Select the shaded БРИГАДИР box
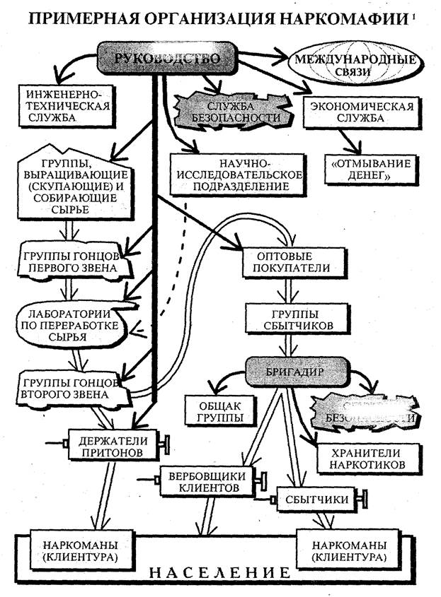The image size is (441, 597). pos(289,370)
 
